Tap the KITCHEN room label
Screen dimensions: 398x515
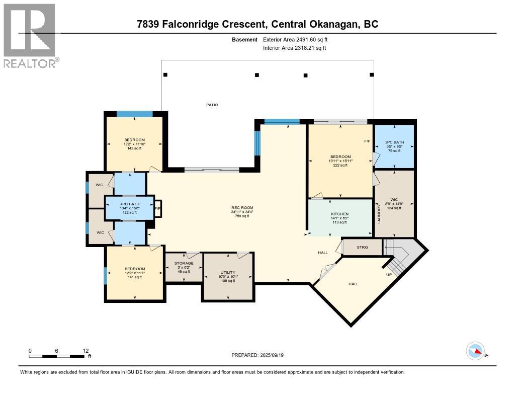click(339, 214)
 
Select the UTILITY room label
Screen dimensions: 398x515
click(228, 272)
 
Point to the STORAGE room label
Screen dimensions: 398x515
click(184, 263)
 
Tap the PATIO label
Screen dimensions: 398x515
click(212, 105)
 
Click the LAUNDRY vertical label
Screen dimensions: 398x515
click(379, 214)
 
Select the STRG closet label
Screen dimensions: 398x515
click(362, 248)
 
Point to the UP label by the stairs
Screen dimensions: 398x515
click(388, 275)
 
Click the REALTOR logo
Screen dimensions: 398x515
click(31, 35)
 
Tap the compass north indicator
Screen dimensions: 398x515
click(475, 351)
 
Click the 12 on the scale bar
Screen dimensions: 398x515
click(85, 351)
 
